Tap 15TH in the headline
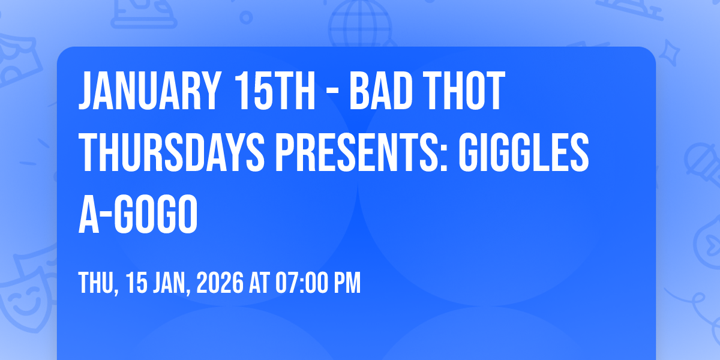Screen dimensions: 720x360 click(274, 91)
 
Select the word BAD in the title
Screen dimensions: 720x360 click(381, 91)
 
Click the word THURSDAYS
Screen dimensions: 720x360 click(172, 152)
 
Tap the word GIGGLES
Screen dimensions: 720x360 click(524, 152)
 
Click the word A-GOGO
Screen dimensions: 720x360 click(138, 214)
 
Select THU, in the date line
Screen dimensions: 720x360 click(98, 283)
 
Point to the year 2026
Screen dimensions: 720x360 click(220, 283)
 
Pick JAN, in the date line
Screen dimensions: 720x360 click(172, 283)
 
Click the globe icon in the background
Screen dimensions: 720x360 click(360, 24)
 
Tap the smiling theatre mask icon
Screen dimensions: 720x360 click(25, 299)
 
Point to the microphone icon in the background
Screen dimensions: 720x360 click(703, 164)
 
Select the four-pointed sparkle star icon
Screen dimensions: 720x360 click(669, 52)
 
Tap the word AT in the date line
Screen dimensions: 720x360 click(259, 283)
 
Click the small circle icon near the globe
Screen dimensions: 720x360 click(246, 17)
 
